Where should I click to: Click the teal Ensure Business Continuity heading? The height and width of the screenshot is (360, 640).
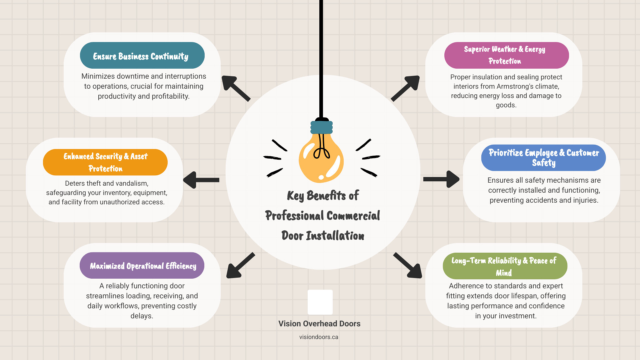[x=142, y=56]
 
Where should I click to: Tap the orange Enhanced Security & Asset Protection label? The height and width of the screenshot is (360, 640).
[x=105, y=162]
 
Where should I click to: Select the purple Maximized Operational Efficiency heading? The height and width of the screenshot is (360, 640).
[x=142, y=266]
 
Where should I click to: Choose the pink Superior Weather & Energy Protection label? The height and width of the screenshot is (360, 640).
[x=506, y=55]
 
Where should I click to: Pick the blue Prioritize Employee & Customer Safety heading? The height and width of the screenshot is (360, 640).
[x=543, y=158]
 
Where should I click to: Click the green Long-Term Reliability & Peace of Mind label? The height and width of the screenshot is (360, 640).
[x=505, y=266]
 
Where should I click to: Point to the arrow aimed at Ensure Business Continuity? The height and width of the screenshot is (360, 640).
[x=235, y=88]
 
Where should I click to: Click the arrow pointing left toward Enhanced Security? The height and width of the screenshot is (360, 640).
[x=201, y=180]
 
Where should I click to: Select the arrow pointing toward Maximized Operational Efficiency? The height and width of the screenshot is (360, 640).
[x=240, y=266]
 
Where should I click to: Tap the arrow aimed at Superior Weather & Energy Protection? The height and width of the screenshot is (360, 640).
[x=406, y=88]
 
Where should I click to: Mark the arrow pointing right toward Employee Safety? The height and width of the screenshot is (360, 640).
[x=441, y=179]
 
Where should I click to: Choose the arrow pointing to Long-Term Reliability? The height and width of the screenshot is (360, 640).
[x=408, y=266]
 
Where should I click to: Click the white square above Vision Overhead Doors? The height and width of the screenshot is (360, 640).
[x=320, y=302]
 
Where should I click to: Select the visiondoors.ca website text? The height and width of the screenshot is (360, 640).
[x=319, y=337]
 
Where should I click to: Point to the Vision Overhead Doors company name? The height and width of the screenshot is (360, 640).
[x=319, y=324]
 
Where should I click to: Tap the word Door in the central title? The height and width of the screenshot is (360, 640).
[x=292, y=236]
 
